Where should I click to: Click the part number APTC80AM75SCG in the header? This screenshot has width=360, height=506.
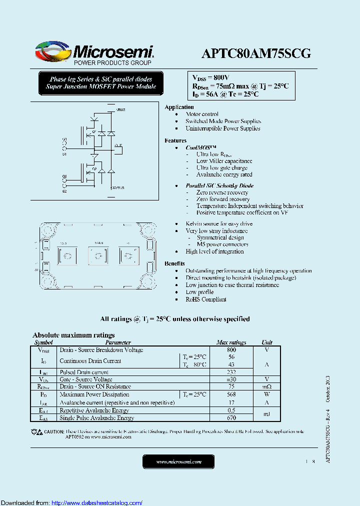[x=256, y=53]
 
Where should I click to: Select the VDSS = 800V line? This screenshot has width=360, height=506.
[x=210, y=77]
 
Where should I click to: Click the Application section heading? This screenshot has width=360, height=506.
[x=179, y=107]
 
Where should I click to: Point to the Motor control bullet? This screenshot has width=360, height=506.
[x=201, y=114]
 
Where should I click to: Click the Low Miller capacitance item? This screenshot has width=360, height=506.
[x=224, y=161]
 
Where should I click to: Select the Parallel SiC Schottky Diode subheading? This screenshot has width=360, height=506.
[x=219, y=185]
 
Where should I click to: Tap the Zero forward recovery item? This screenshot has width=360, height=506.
[x=223, y=199]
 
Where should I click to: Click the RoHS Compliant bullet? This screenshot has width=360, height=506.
[x=206, y=299]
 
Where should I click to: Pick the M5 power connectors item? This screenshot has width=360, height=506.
[x=220, y=244]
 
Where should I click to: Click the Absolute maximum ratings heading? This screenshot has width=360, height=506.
[x=73, y=335]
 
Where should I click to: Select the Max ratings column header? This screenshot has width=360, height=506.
[x=231, y=342]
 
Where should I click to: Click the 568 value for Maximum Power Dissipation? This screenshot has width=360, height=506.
[x=231, y=394]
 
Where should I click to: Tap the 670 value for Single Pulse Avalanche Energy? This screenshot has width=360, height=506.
[x=231, y=418]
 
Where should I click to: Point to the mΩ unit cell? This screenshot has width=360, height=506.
[x=266, y=386]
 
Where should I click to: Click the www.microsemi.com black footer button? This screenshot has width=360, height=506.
[x=178, y=462]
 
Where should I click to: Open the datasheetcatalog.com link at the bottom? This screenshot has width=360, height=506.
[x=96, y=502]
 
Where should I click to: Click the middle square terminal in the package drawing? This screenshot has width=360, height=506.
[x=98, y=255]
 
